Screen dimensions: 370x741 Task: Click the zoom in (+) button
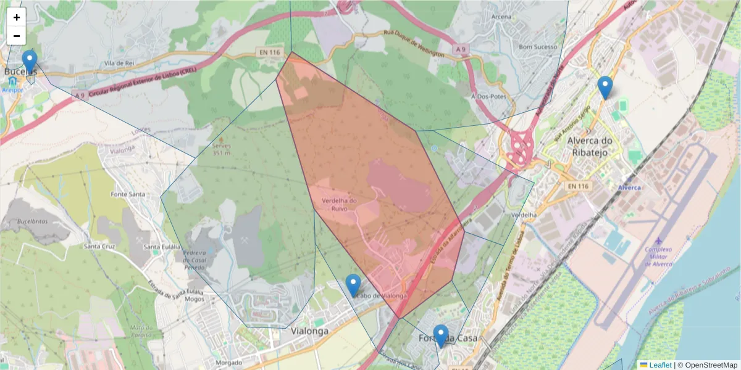coord(17,17)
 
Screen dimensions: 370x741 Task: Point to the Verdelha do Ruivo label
coord(340,204)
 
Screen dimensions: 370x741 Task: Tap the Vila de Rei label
coord(119,63)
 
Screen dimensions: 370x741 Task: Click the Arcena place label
coord(501,17)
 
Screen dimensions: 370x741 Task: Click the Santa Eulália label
coord(161,247)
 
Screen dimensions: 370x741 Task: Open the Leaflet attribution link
coord(659,365)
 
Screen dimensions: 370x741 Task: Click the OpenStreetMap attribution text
coord(710,365)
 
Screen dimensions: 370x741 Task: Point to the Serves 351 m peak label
coord(221,149)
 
